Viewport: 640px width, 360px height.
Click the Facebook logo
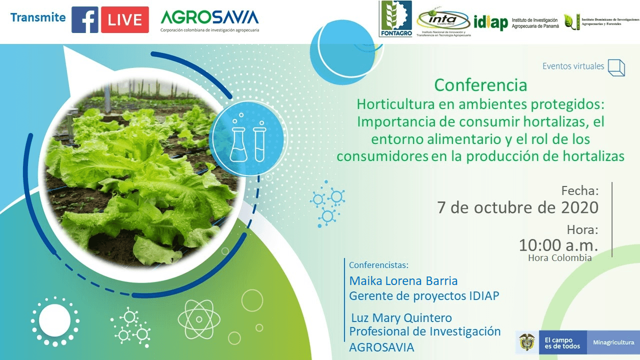[85, 19]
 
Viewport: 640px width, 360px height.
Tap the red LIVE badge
[124, 19]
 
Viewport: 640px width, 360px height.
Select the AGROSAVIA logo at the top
[209, 18]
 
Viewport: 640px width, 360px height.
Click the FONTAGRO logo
[396, 19]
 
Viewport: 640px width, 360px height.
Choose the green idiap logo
[490, 22]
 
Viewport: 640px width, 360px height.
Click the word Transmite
[38, 17]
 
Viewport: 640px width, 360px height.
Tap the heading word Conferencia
[480, 85]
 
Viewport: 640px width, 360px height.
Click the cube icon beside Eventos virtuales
[616, 67]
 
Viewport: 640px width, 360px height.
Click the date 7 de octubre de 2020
[517, 207]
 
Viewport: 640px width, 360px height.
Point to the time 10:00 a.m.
[558, 245]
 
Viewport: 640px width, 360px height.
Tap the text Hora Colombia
[559, 258]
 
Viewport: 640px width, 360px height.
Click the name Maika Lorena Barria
[403, 280]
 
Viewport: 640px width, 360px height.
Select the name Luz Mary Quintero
[401, 318]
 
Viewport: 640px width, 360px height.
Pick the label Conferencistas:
[378, 264]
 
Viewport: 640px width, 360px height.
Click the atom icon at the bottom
[198, 319]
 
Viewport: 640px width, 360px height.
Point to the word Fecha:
[579, 190]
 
